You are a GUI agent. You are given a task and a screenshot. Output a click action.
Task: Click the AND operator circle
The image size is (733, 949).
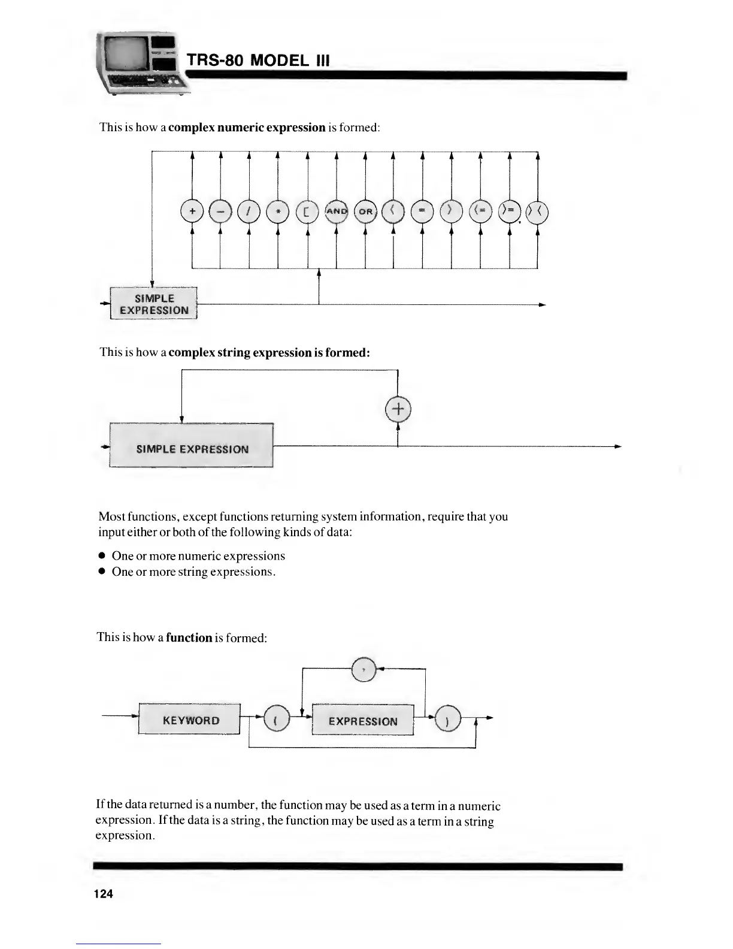[x=336, y=211]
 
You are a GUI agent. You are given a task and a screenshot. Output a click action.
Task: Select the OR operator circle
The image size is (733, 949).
[x=365, y=211]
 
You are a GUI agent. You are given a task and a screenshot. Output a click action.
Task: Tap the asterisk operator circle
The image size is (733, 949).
[x=278, y=211]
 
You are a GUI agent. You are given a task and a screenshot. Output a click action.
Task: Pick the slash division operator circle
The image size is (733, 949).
[x=249, y=211]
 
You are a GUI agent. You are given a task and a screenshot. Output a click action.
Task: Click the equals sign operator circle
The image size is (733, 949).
[x=423, y=211]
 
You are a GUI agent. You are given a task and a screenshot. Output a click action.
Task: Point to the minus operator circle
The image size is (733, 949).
[x=220, y=211]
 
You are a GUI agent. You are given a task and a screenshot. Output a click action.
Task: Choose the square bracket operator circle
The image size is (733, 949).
[x=307, y=211]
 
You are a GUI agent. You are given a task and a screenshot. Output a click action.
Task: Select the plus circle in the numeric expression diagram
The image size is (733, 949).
[x=192, y=211]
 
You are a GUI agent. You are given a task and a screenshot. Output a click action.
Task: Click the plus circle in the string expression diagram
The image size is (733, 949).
[x=398, y=409]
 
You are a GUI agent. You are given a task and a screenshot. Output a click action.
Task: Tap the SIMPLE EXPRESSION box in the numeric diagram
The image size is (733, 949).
[x=154, y=304]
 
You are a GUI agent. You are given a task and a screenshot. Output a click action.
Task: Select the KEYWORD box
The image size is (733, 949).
[x=190, y=720]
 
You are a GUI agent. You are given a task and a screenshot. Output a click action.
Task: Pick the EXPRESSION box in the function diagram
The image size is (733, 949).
[x=363, y=721]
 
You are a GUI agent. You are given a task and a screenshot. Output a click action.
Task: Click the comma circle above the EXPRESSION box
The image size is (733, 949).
[x=364, y=669]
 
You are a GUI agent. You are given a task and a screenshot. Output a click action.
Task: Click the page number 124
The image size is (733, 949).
[x=103, y=894]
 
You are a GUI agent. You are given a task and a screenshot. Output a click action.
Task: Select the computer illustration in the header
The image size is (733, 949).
[x=141, y=63]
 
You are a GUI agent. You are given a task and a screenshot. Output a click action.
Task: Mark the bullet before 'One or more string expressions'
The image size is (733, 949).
[x=102, y=572]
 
